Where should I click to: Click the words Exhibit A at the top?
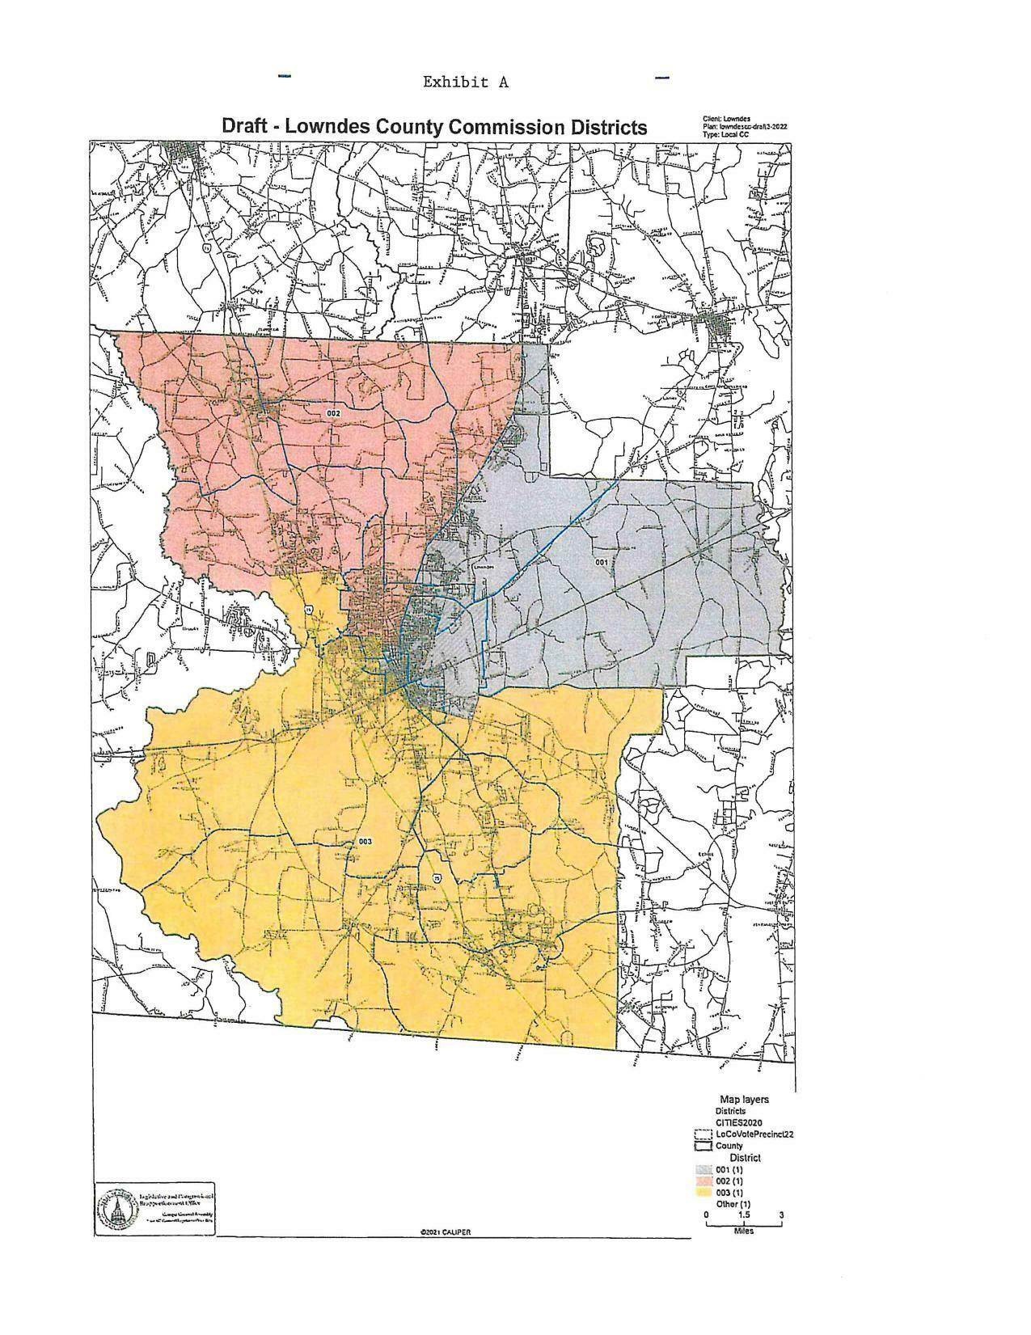tap(465, 82)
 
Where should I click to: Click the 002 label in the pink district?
tap(333, 413)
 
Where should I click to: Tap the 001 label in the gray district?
tap(601, 561)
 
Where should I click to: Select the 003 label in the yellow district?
tap(365, 842)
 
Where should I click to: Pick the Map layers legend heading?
tap(744, 1100)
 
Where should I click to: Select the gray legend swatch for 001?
tap(703, 1170)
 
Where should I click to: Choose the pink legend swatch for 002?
tap(703, 1181)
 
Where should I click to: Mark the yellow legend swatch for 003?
tap(703, 1193)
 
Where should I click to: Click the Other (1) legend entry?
tap(733, 1204)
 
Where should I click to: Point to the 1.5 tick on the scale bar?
tap(744, 1215)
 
